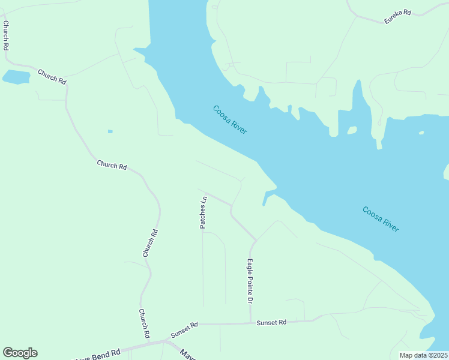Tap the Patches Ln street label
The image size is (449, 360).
tap(203, 212)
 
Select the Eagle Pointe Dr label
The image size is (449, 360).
tap(250, 280)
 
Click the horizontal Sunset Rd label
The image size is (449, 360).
tap(271, 322)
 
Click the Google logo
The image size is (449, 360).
tap(20, 353)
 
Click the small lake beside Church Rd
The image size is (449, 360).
tap(16, 76)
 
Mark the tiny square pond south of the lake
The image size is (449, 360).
tap(110, 131)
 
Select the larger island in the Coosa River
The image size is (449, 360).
tap(352, 130)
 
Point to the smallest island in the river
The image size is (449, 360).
tap(421, 133)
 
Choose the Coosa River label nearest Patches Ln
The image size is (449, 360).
tap(230, 120)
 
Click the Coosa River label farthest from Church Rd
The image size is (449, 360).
tap(381, 219)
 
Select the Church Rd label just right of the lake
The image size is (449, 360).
tap(52, 76)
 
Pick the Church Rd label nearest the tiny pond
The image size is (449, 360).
tap(112, 165)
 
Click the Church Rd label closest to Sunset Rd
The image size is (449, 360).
tap(144, 323)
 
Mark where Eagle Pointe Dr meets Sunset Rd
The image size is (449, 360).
tap(250, 323)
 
